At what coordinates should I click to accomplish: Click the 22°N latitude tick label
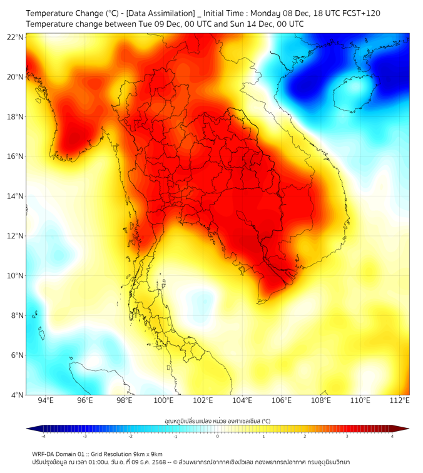pos(16,37)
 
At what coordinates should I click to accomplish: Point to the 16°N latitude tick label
pos(16,156)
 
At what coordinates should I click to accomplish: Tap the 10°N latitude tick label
pos(16,276)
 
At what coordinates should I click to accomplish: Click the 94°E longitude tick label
pos(46,400)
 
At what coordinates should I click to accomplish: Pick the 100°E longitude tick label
pos(163,400)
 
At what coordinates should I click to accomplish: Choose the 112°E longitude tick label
pos(399,400)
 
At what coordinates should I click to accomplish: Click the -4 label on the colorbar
pos(43,436)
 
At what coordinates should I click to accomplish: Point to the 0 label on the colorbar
pos(218,436)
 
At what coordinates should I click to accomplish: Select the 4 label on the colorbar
pos(392,436)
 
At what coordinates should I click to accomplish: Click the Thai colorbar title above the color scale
pos(217,420)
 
